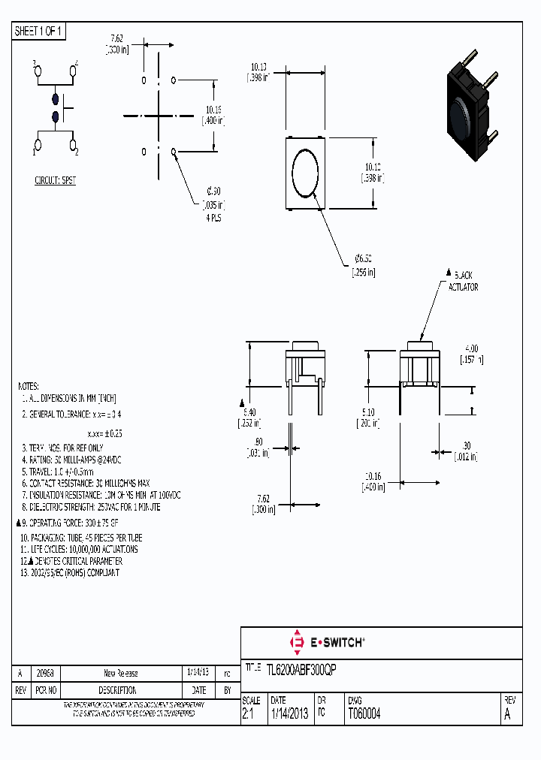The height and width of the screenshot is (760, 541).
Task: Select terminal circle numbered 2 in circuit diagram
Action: (x=73, y=143)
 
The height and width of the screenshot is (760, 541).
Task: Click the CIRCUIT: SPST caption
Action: (x=56, y=181)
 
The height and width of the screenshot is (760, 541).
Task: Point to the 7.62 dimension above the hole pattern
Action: (x=117, y=38)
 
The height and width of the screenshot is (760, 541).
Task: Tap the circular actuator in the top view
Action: (x=307, y=172)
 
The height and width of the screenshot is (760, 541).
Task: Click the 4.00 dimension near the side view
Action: (x=471, y=348)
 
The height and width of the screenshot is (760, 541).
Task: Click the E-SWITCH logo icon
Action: (x=296, y=642)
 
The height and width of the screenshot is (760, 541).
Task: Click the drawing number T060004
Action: (x=364, y=714)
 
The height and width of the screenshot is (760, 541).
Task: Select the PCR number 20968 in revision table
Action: (x=45, y=673)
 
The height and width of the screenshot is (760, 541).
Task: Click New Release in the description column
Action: (x=120, y=673)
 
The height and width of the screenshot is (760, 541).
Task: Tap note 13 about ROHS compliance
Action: (x=71, y=572)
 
